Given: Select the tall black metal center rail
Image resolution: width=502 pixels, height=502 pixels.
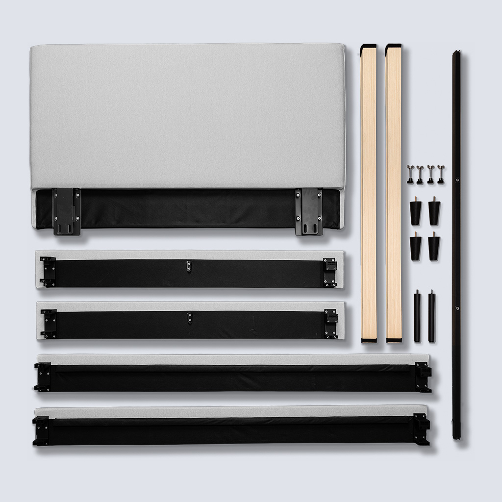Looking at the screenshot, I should click(456, 245).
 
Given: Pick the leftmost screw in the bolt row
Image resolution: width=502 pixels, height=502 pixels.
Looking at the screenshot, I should click(410, 175).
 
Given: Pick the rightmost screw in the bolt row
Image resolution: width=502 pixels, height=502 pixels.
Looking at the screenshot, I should click(441, 175).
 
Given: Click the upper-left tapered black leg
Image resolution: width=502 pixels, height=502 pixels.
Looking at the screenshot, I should click(416, 211).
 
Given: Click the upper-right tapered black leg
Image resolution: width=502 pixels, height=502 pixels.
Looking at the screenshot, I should click(434, 211).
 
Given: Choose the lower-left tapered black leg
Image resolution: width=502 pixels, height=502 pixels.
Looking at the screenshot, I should click(416, 247).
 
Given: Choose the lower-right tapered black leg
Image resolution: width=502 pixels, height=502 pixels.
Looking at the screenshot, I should click(434, 247).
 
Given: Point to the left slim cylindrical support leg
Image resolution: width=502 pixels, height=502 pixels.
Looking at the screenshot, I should click(417, 316).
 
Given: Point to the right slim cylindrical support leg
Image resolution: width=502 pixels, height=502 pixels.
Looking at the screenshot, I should click(431, 316).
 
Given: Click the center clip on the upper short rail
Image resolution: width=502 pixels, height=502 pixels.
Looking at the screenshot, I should click(189, 266).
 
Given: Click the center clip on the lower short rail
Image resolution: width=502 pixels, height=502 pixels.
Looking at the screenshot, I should click(189, 318).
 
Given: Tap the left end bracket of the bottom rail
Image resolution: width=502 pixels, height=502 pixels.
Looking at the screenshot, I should click(41, 430).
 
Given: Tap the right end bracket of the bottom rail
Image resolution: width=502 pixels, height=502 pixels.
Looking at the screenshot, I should click(421, 429).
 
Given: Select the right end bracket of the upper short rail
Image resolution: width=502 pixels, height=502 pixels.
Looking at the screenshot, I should click(330, 272).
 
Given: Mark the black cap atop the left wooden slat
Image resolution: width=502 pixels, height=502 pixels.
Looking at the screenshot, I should click(368, 47).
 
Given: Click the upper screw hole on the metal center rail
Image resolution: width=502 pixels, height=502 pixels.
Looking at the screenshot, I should click(457, 180).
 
